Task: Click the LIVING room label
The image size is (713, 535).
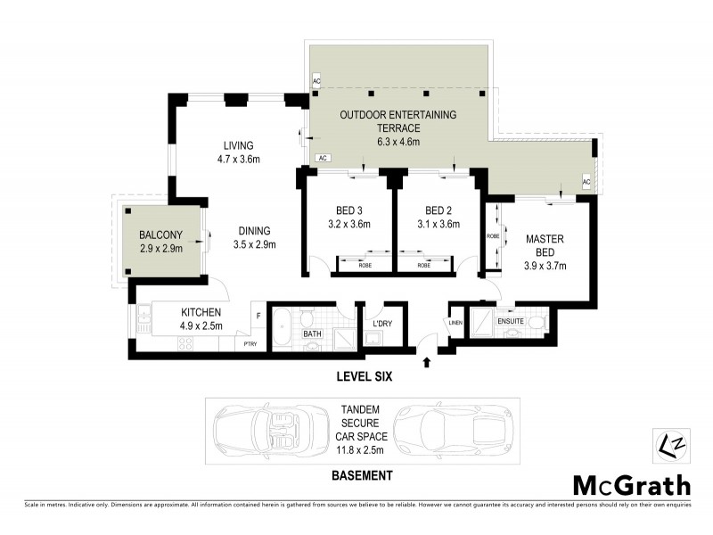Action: pos(239,145)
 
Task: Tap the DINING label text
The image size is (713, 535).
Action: pos(254,230)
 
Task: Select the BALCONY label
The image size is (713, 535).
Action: pos(161,235)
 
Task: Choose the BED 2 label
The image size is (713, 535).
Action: pos(437,211)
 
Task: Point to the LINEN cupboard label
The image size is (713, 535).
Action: pos(455,323)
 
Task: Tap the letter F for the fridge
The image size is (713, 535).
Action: pos(258,315)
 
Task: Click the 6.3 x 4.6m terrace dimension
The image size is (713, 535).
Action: pos(397,141)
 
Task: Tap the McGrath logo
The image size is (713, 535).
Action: pos(630,485)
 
